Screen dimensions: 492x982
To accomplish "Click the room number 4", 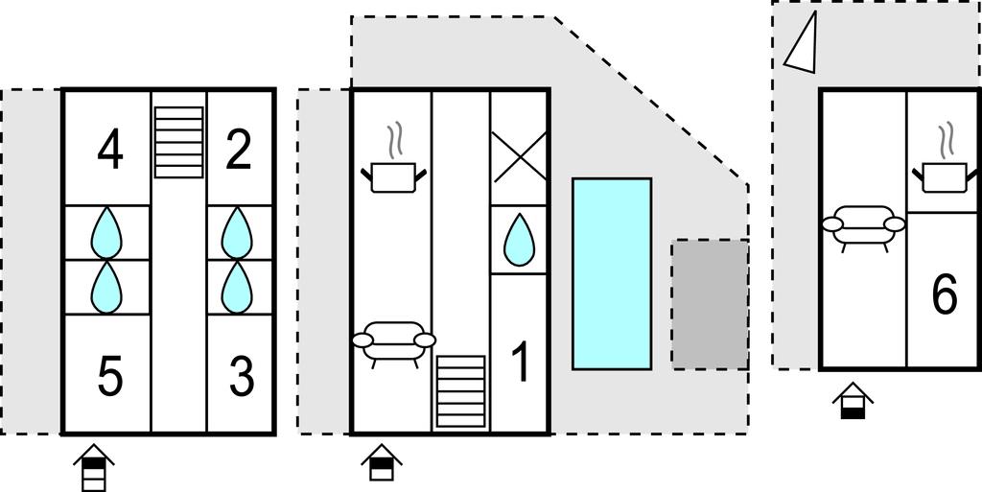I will tap(110, 151).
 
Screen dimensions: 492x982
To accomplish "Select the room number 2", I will tap(238, 151).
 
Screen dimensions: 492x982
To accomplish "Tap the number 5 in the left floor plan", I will tap(110, 377).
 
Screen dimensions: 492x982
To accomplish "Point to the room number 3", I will tap(241, 377).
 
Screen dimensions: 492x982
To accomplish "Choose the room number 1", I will tap(521, 363).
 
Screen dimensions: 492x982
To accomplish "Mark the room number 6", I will tap(945, 294).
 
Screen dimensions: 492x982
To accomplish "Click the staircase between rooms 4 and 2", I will tap(179, 141).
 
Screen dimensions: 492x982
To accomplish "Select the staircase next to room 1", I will tap(461, 392).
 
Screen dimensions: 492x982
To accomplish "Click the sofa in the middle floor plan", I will tap(394, 341).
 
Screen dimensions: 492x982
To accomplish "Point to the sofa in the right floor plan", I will tap(863, 225).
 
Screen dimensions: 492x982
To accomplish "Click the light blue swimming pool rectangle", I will tap(612, 273).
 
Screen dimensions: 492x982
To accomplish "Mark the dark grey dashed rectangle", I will tap(710, 304).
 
